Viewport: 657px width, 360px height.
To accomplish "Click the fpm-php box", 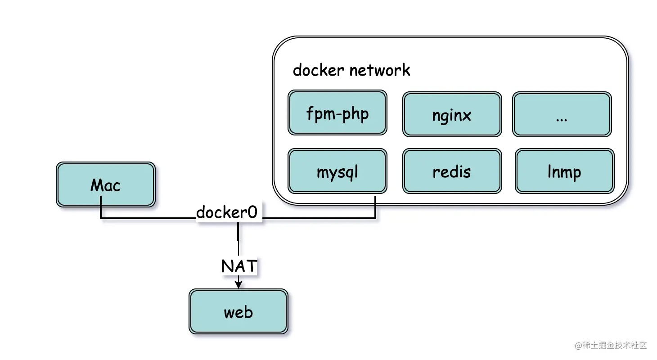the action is click(337, 112).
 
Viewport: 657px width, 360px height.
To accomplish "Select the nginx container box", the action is click(452, 114).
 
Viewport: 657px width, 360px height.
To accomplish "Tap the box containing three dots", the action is click(562, 114).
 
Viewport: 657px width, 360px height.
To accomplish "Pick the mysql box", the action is click(337, 171).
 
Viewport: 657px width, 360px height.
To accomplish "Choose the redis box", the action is click(452, 171).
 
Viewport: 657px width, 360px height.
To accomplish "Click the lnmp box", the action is click(565, 171).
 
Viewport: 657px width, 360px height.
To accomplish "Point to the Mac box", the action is click(106, 184).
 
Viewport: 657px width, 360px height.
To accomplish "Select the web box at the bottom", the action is click(238, 311).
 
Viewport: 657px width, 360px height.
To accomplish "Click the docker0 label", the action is click(227, 212).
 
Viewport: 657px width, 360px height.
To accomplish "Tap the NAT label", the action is click(239, 266).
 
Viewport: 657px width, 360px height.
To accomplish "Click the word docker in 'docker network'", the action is click(319, 70).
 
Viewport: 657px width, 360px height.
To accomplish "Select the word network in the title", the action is click(380, 70).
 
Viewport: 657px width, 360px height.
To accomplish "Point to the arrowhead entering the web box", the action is click(238, 284).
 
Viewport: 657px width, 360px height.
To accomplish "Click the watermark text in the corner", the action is click(611, 345).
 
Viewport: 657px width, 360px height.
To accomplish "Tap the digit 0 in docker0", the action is click(252, 212).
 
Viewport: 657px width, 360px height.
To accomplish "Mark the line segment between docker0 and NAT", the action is click(238, 240).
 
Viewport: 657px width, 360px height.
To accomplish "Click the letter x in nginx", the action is click(466, 116).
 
